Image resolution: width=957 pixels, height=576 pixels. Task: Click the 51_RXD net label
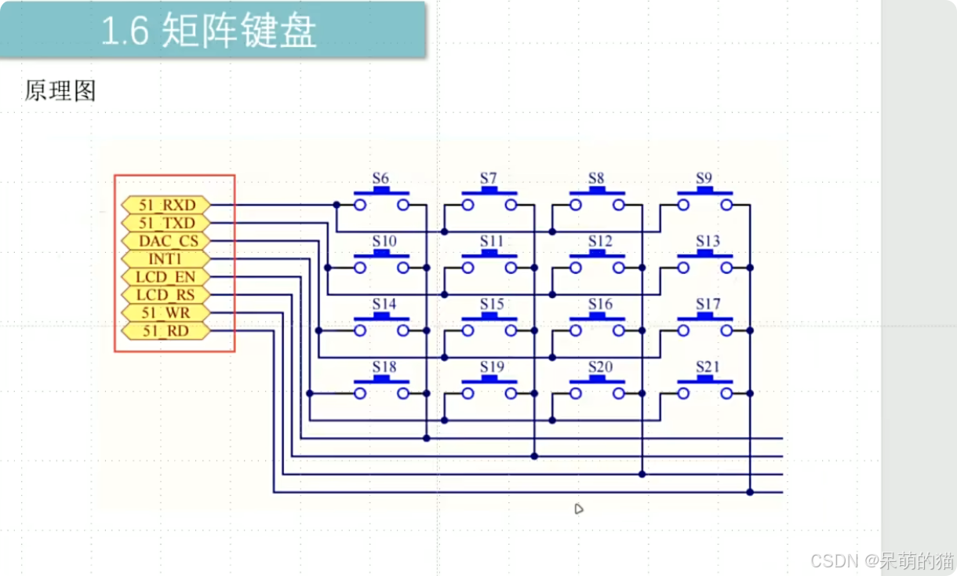click(x=166, y=205)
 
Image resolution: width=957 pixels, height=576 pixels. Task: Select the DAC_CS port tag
click(x=166, y=241)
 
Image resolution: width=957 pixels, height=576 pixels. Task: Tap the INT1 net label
click(x=166, y=259)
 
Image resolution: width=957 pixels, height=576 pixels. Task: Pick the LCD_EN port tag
click(x=166, y=277)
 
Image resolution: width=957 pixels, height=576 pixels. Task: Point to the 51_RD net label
click(x=166, y=330)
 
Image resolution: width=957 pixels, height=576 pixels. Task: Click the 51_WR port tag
click(x=166, y=313)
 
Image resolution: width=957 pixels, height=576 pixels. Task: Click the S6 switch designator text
click(x=380, y=178)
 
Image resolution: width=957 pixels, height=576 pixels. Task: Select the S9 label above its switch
click(x=704, y=178)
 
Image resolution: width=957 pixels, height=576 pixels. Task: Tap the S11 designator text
click(x=492, y=241)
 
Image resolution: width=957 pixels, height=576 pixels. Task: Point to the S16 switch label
click(x=600, y=304)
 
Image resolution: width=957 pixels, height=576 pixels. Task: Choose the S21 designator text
click(x=708, y=366)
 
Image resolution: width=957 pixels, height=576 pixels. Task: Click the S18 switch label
click(x=384, y=366)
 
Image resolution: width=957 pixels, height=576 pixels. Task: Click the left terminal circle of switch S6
click(x=360, y=205)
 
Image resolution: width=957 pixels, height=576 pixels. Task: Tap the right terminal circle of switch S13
click(x=726, y=268)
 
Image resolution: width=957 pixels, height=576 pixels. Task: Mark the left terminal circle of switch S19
click(x=468, y=393)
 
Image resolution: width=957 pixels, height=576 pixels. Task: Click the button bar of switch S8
click(x=597, y=191)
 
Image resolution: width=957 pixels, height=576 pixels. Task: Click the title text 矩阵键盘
click(x=238, y=31)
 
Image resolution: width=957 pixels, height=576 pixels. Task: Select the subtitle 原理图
click(x=60, y=90)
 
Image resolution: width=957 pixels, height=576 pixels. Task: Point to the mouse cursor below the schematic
click(x=578, y=509)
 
